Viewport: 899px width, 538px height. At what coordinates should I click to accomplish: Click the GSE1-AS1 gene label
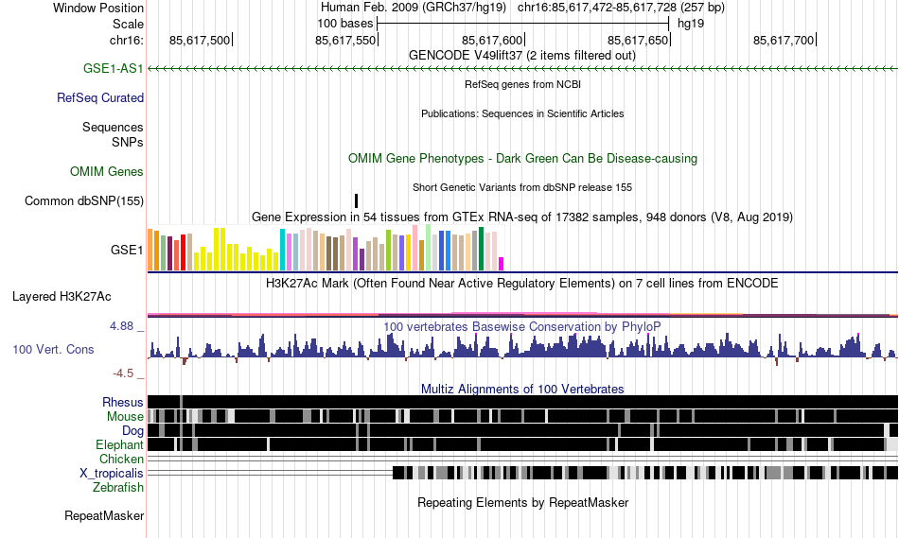pyautogui.click(x=114, y=69)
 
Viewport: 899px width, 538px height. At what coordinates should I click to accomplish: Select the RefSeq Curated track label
pyautogui.click(x=100, y=97)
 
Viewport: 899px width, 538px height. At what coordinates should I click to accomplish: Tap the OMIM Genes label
pyautogui.click(x=107, y=171)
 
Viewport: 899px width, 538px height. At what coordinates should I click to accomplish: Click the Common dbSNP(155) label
pyautogui.click(x=84, y=200)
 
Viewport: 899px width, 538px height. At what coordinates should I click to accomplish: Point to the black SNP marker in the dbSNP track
pyautogui.click(x=357, y=200)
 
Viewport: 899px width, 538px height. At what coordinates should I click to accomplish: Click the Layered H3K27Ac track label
pyautogui.click(x=62, y=296)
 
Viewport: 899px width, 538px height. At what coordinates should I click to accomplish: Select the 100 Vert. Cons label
pyautogui.click(x=53, y=350)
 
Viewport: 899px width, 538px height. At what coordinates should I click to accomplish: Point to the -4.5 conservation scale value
pyautogui.click(x=127, y=373)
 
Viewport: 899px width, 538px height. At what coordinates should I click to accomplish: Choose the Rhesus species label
pyautogui.click(x=123, y=402)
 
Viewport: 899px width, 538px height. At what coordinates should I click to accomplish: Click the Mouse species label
pyautogui.click(x=125, y=416)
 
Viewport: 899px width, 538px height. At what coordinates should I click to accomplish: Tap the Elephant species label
pyautogui.click(x=119, y=444)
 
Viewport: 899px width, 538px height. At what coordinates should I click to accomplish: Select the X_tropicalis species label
pyautogui.click(x=112, y=473)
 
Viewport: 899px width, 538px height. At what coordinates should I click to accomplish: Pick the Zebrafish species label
pyautogui.click(x=118, y=487)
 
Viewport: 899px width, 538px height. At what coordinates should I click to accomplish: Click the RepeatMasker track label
pyautogui.click(x=104, y=516)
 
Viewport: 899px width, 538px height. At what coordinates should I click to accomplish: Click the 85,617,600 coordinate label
pyautogui.click(x=492, y=40)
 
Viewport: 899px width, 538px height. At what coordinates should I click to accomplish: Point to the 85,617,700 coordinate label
pyautogui.click(x=784, y=40)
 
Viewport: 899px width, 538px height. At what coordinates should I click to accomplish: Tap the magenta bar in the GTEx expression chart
pyautogui.click(x=502, y=263)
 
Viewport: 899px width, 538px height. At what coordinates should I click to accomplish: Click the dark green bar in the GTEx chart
pyautogui.click(x=482, y=249)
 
